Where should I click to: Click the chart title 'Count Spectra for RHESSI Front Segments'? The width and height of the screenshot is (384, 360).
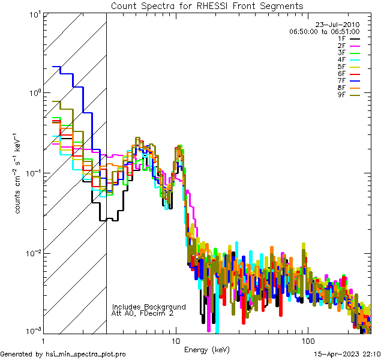tap(207, 6)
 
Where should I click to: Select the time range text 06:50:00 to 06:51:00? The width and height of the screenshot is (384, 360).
tap(324, 31)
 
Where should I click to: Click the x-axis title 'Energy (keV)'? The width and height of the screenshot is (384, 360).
tap(207, 350)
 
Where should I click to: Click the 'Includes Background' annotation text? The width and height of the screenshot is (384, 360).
tap(149, 307)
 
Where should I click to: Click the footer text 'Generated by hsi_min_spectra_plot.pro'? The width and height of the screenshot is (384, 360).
tap(63, 355)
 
